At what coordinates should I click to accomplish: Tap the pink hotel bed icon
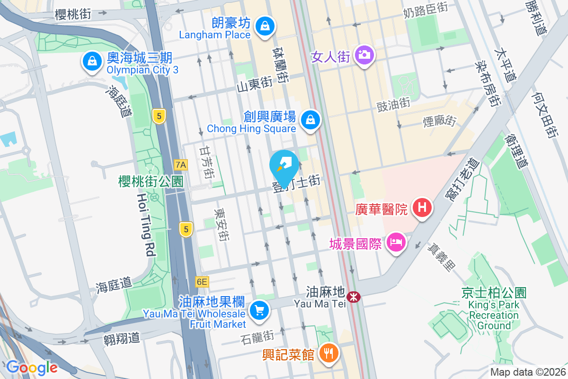tap(396, 243)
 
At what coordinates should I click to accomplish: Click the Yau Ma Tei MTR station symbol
tap(353, 297)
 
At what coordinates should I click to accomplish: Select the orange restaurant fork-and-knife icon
tap(328, 353)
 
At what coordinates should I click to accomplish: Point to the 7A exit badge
tap(181, 165)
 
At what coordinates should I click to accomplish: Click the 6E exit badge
tap(202, 282)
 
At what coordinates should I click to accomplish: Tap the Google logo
tap(32, 368)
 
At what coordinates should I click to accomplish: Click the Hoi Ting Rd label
tap(145, 225)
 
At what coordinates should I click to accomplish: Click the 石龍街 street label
tap(257, 337)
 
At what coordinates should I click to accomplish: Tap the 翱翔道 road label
tap(122, 338)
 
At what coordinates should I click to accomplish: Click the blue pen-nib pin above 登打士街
tap(284, 165)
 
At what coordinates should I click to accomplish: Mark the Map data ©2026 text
tap(528, 372)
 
